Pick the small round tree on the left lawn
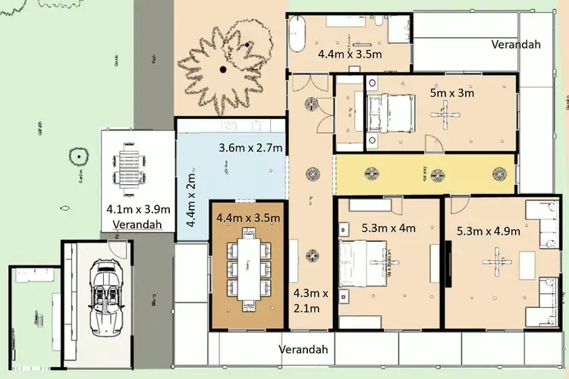coord(77,158)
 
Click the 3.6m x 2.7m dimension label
coord(251,148)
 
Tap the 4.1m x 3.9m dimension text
coord(138,210)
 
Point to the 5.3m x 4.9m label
coord(489,231)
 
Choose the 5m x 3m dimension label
coord(451,94)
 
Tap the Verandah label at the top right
coord(516,44)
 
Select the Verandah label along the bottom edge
coord(303,349)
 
